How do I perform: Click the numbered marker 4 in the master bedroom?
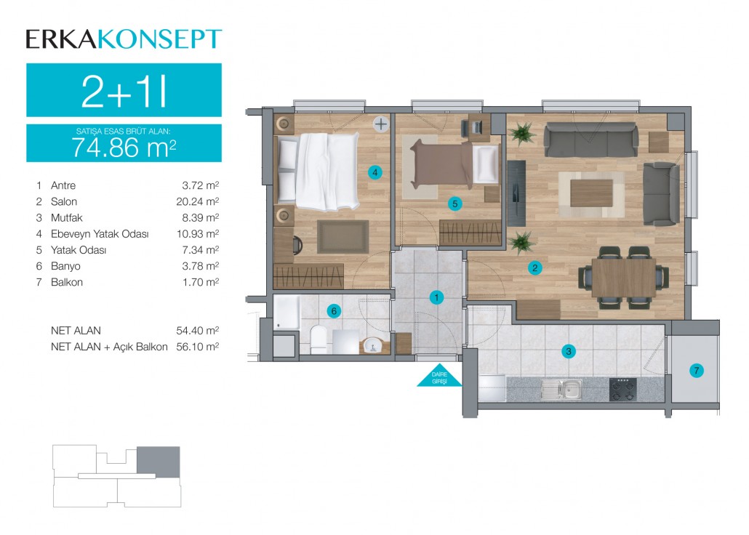coord(375,172)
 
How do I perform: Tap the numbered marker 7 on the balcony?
coord(697,370)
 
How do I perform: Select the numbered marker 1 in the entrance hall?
coord(436,297)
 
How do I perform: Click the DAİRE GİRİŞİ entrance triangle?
coord(439,377)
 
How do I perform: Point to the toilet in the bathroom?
coord(318,339)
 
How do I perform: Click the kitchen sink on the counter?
coord(562,390)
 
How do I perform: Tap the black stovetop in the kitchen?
coord(623,390)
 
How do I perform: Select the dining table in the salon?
coord(623,277)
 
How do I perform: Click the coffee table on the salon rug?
coord(591,193)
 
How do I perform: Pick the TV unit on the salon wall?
coord(516,193)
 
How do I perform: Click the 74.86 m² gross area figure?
coord(124,147)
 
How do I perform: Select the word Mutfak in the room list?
coord(67,218)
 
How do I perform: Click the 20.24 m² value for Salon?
coord(198,201)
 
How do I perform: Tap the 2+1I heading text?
coord(124,92)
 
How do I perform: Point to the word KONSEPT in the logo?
coord(160,39)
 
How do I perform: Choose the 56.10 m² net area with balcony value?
coord(198,347)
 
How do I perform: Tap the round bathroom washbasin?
coord(372,345)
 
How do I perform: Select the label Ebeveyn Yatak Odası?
coord(100,234)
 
